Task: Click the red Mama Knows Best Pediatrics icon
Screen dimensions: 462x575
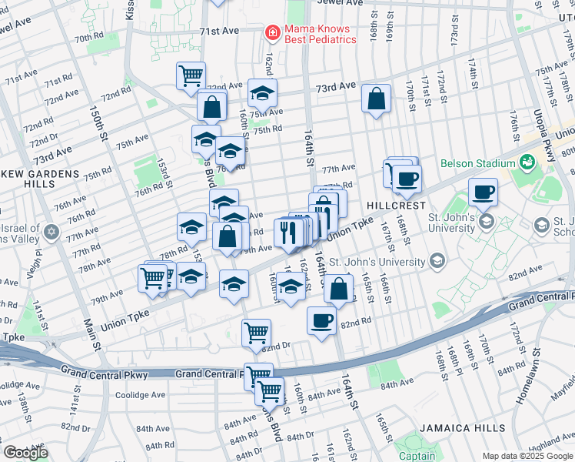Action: tap(272, 33)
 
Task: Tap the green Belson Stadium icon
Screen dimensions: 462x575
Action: tap(527, 162)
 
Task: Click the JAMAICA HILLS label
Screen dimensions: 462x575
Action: tap(463, 427)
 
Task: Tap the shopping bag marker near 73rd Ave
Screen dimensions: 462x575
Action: tap(376, 99)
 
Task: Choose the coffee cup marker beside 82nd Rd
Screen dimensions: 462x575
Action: tap(321, 320)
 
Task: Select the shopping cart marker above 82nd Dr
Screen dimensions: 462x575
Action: tap(256, 332)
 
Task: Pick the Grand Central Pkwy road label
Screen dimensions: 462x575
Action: tap(206, 373)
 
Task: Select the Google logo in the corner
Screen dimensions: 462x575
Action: tap(25, 453)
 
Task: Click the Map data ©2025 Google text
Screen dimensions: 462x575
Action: tap(527, 456)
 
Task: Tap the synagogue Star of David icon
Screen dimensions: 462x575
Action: tap(52, 232)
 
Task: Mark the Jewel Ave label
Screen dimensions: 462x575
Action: tap(342, 3)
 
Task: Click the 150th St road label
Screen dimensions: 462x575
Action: tap(103, 124)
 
